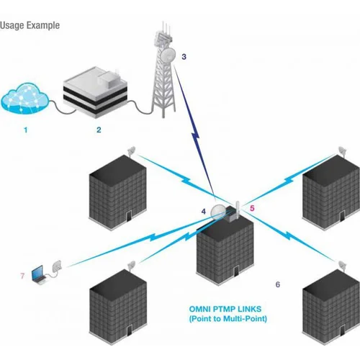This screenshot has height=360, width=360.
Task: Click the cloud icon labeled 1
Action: point(26,101)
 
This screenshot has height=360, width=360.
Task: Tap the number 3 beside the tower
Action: point(184,56)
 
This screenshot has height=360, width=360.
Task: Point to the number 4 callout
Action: point(204,212)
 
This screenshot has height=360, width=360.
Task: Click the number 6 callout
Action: point(278,284)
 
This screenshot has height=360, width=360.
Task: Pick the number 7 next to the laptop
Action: point(22,275)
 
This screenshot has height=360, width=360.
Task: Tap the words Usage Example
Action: point(30,25)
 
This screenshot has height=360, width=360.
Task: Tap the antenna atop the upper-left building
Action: point(132,152)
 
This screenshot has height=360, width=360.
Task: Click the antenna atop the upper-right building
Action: point(341,152)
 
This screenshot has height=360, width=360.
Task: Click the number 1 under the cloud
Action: point(26,130)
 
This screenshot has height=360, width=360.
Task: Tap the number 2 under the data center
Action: point(99,130)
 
